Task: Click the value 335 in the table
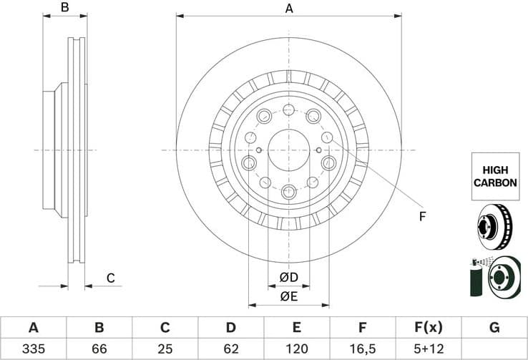33,349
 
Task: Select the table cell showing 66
99,349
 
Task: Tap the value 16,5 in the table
363,349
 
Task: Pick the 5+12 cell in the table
429,349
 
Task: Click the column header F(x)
429,328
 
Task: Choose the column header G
494,328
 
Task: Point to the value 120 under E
297,349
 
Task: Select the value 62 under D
231,349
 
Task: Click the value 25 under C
165,349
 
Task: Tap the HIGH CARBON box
495,176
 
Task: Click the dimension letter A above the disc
289,9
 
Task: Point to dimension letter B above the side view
64,9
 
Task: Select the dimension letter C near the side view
111,278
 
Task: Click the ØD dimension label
288,277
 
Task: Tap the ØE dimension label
288,296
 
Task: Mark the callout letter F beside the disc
422,215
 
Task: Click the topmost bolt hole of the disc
289,110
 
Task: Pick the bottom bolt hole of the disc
289,191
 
